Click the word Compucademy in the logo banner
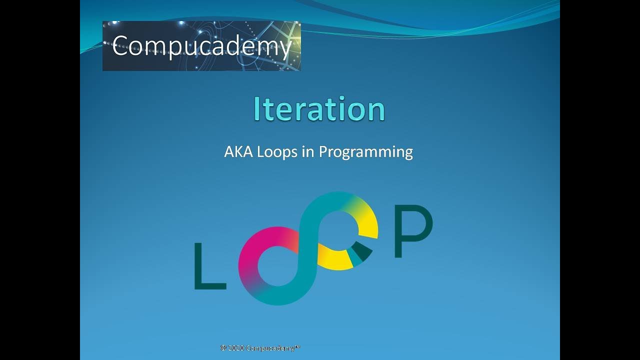[x=201, y=46]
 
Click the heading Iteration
[x=319, y=109]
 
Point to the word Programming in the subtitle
[x=365, y=152]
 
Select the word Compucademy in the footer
[x=269, y=348]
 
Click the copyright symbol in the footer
[x=222, y=348]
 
